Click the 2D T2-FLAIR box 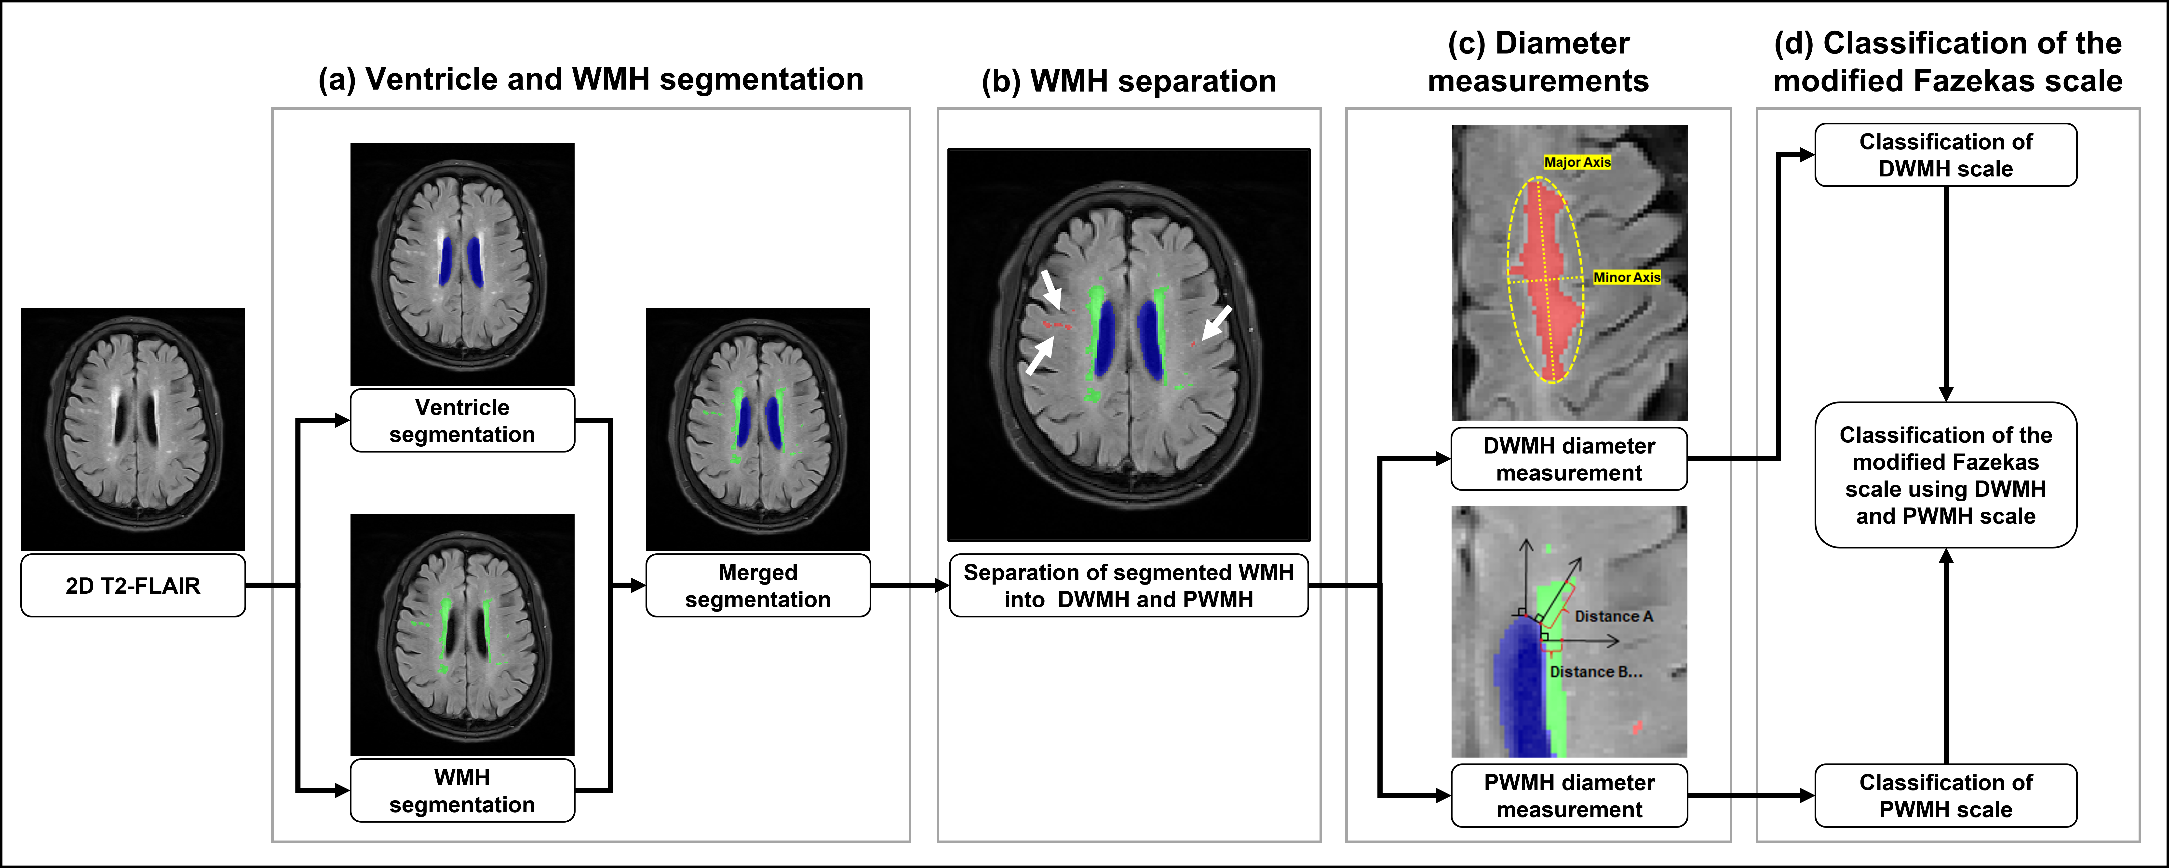coord(133,585)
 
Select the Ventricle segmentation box coord(462,420)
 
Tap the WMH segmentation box coord(462,790)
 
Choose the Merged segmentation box coord(758,585)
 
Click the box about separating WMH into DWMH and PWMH coord(1128,585)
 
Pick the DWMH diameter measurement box coord(1569,459)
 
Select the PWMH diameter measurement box coord(1569,796)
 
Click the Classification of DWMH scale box coord(1946,155)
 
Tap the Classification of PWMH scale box coord(1946,796)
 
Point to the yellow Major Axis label coord(1577,162)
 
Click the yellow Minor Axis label coord(1627,277)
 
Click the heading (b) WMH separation coord(1128,81)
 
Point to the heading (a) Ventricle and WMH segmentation coord(590,79)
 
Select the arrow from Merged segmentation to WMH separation coord(909,585)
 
